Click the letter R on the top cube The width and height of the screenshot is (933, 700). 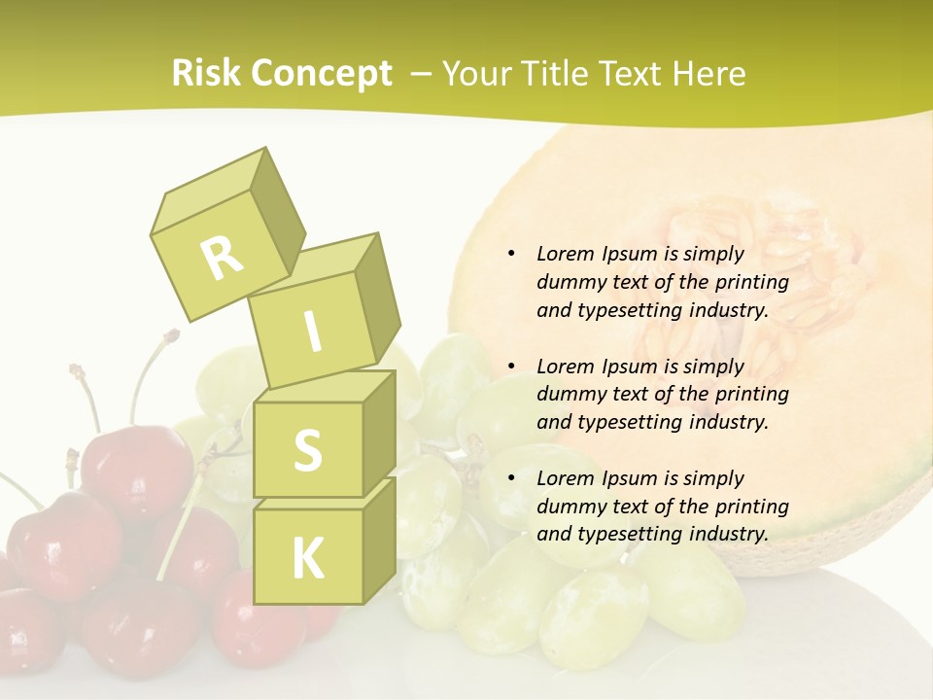(222, 257)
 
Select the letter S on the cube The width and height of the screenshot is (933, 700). (307, 450)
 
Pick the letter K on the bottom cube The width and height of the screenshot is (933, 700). (307, 558)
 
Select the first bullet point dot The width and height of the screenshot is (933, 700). (511, 254)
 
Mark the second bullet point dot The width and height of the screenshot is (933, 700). (511, 367)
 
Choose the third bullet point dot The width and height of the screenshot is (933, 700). (511, 478)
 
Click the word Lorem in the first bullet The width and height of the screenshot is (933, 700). (566, 254)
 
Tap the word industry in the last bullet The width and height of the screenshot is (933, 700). (728, 534)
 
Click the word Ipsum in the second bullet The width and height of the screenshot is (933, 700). (629, 367)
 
